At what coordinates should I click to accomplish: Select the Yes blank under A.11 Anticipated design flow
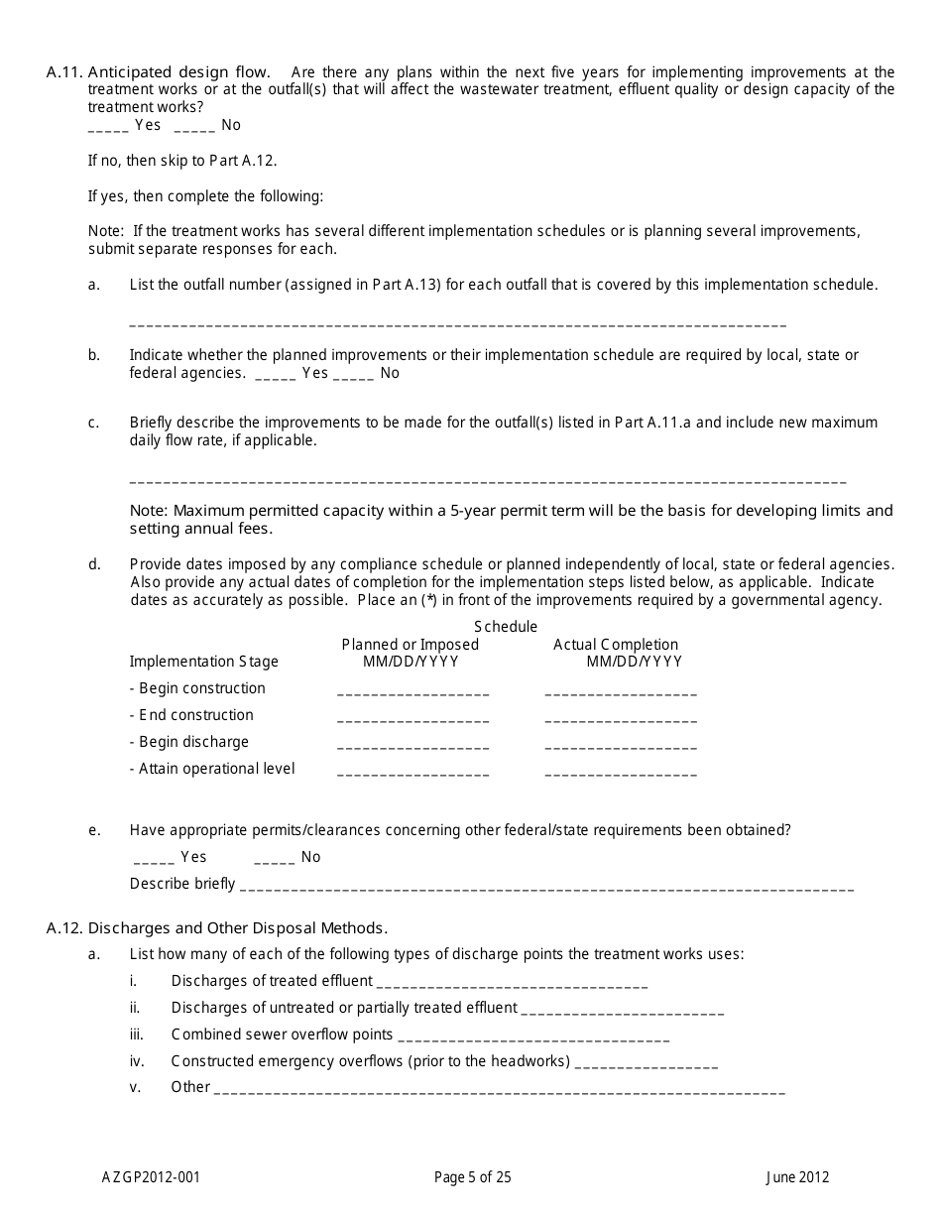pos(108,127)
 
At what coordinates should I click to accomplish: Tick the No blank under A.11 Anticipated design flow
pos(194,127)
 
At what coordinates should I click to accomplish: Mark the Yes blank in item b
pos(275,375)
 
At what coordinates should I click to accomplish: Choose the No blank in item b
pos(353,375)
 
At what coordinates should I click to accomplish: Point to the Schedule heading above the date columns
pos(506,627)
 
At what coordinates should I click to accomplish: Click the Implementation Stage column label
pos(204,662)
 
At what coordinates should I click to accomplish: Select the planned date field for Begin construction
pos(412,691)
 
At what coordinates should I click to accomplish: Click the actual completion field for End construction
pos(621,718)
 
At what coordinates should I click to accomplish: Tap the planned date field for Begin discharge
pos(412,745)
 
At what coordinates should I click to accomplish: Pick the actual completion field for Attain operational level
pos(621,772)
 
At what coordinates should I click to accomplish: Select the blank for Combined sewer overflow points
pos(533,1037)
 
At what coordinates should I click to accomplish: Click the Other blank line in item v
pos(499,1089)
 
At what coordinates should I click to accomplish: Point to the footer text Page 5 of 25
pos(473,1178)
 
